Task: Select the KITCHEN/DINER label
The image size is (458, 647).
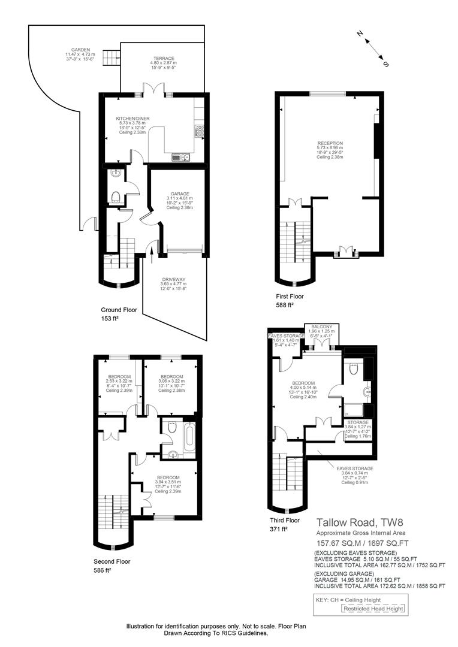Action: (x=132, y=119)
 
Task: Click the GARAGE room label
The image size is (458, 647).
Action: (x=180, y=194)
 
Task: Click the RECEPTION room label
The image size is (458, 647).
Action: (x=330, y=143)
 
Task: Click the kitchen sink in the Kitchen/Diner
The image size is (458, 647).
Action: (x=180, y=158)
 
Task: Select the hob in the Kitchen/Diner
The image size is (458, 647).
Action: (x=200, y=131)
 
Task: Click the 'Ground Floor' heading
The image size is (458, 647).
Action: (x=119, y=310)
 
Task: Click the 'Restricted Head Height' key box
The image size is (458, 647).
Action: (x=373, y=609)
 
